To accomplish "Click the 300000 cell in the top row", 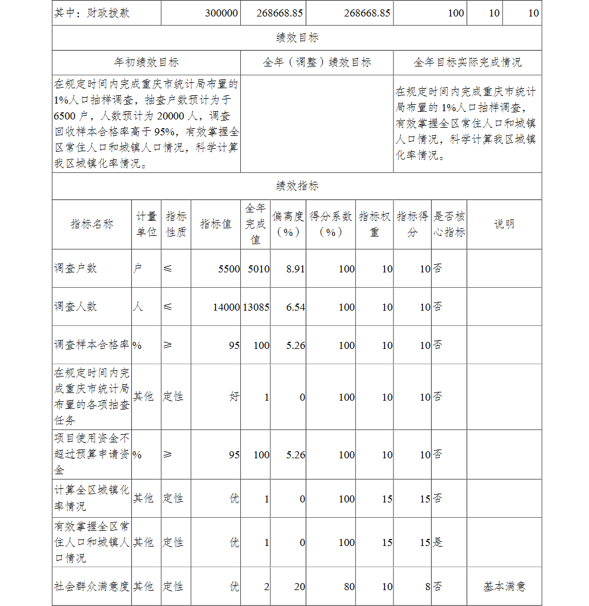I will [x=221, y=13].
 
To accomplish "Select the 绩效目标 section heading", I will [x=297, y=38].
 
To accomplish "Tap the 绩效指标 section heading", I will [x=297, y=186].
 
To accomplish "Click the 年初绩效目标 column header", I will [x=146, y=62].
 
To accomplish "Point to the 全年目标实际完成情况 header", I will [x=467, y=62].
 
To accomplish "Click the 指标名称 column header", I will [x=91, y=224].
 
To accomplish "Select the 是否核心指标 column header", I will [x=449, y=224].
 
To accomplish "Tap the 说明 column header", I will [x=504, y=224].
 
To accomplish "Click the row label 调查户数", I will [x=75, y=268].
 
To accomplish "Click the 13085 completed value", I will [x=256, y=307].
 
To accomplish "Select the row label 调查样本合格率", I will [x=91, y=345].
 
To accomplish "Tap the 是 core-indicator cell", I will [x=438, y=542].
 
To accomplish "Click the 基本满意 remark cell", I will [x=504, y=587].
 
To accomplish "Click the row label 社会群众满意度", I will [x=91, y=587].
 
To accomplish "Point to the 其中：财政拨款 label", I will [x=92, y=13].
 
